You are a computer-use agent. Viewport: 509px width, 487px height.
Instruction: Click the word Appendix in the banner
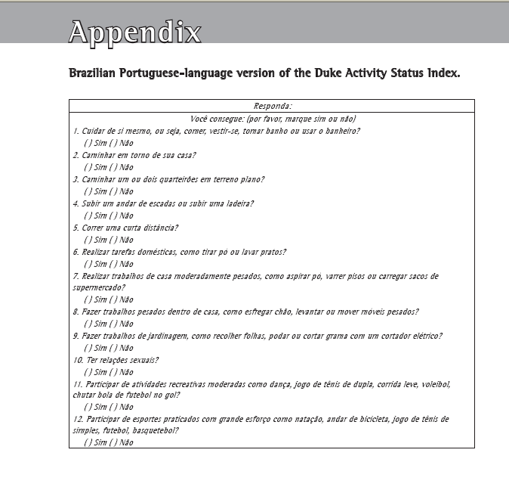pyautogui.click(x=135, y=31)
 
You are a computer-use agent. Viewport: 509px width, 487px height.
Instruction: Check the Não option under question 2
pyautogui.click(x=116, y=167)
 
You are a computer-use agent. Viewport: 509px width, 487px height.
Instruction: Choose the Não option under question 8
pyautogui.click(x=116, y=324)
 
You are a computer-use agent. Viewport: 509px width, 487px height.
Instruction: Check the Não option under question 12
pyautogui.click(x=116, y=442)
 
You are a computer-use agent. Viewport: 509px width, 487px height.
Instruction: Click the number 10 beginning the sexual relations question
pyautogui.click(x=77, y=360)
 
